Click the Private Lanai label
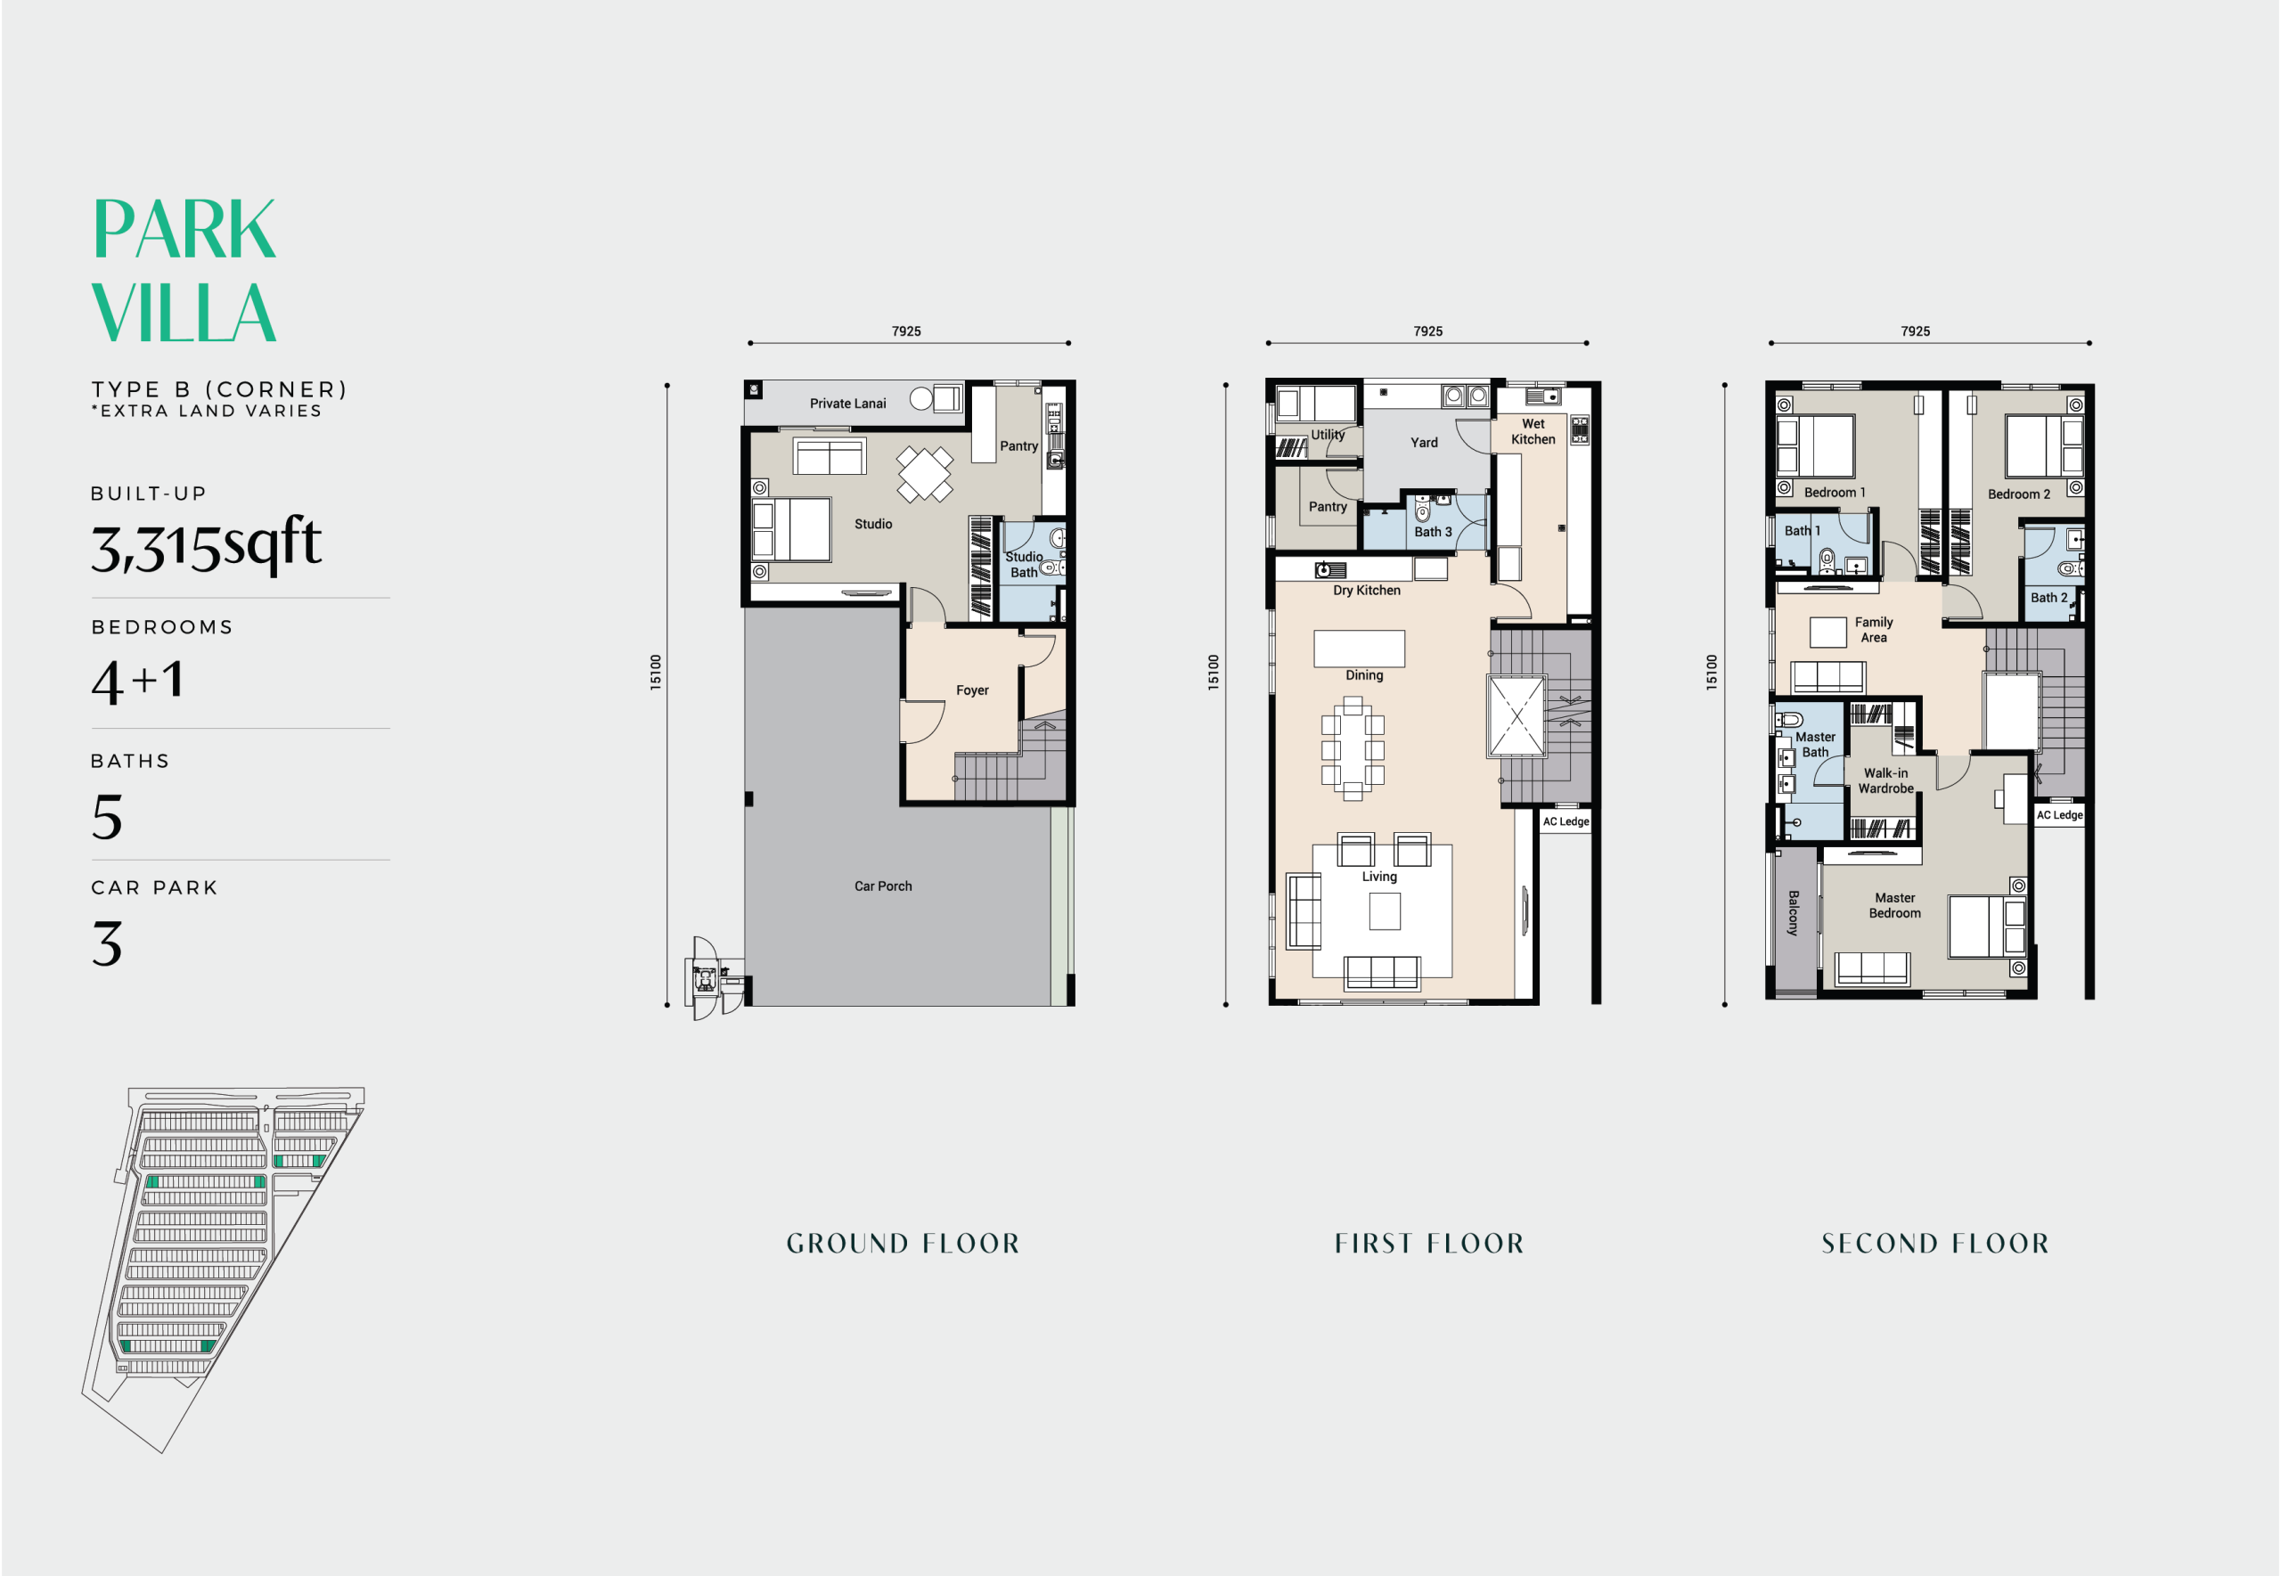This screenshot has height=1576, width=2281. (847, 403)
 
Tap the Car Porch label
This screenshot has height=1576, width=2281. (883, 886)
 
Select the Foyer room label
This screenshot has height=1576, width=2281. (971, 690)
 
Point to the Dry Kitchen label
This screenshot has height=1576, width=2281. (1366, 591)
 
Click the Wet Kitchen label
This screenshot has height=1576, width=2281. (1533, 431)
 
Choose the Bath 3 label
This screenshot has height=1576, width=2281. (1432, 531)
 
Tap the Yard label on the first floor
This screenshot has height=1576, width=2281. (1423, 443)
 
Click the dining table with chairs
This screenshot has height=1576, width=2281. (1352, 747)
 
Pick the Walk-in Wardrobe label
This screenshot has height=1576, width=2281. (1885, 780)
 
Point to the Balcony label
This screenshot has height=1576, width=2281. (1792, 912)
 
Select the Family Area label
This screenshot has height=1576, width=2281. (1873, 629)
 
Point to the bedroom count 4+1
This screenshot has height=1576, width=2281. (137, 681)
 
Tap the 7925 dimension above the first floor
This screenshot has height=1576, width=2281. (1427, 331)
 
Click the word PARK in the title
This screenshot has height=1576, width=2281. (184, 229)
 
